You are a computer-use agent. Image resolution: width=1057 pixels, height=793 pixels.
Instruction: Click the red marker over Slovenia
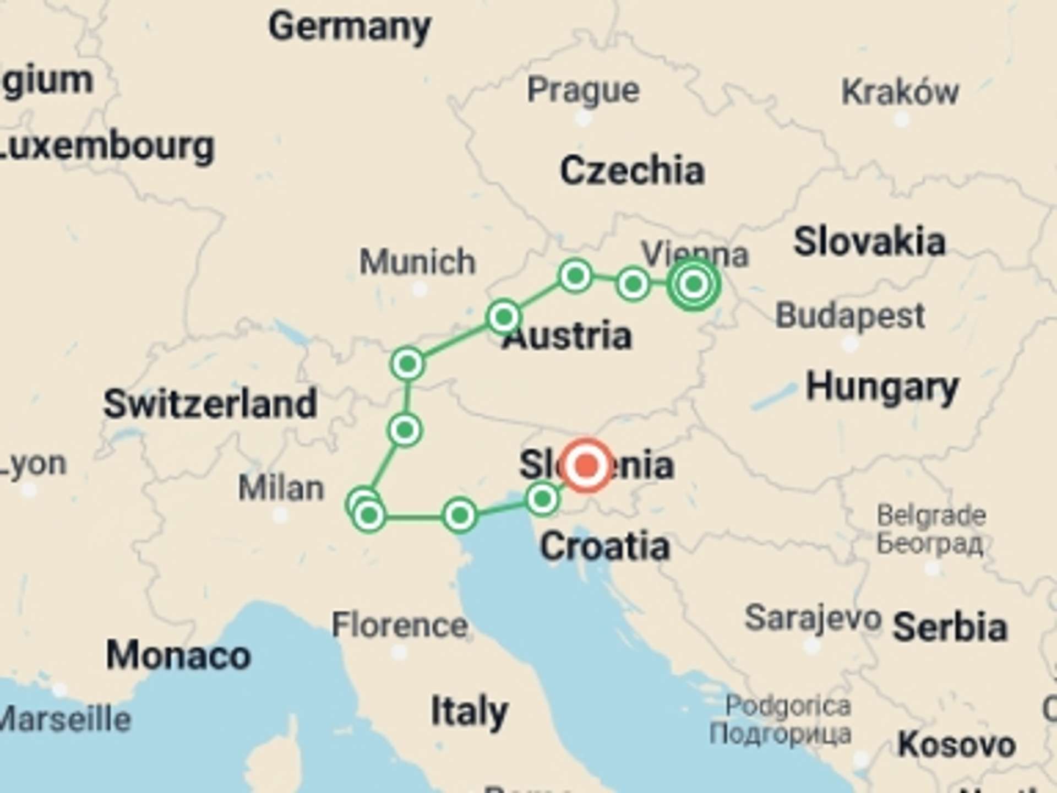tap(586, 465)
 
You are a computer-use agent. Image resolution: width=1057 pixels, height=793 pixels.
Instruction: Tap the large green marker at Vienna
tap(693, 284)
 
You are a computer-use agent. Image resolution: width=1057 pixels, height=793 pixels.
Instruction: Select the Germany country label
tap(350, 26)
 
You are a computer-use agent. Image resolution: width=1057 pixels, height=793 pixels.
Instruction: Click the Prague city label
tap(583, 90)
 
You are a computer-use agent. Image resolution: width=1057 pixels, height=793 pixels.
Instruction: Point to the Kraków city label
tap(900, 92)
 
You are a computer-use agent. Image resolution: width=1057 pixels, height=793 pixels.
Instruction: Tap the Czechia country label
tap(632, 170)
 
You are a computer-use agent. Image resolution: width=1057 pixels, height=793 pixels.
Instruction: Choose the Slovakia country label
tap(869, 241)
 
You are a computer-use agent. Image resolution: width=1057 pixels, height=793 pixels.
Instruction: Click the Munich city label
tap(417, 261)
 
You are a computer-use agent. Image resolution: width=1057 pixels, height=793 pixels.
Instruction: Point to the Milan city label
tap(281, 488)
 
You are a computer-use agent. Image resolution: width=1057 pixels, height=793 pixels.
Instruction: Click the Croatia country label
tap(604, 546)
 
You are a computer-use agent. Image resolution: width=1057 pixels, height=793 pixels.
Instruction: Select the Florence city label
tap(399, 626)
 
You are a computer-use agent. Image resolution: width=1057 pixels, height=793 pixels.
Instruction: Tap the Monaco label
tap(178, 655)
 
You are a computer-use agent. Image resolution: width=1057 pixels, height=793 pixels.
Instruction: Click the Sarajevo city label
tap(813, 618)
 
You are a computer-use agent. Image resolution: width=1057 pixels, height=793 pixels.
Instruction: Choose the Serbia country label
tap(950, 627)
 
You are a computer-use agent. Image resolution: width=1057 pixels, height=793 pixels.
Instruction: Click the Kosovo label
tap(956, 745)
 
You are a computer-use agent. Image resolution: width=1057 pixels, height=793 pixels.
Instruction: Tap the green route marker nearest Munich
tap(503, 317)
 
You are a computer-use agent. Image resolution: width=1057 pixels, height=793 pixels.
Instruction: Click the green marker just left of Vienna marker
tap(633, 284)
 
